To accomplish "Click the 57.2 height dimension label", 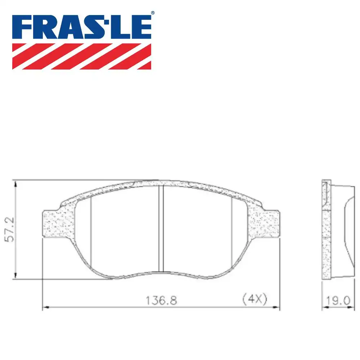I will coord(10,229).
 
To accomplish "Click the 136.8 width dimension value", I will coord(161,300).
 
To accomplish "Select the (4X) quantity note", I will coord(255,299).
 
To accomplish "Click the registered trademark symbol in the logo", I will coord(152,13).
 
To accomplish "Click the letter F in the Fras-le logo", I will coord(22,27).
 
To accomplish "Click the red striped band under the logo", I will coord(82,56).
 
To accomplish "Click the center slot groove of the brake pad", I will coord(161,229).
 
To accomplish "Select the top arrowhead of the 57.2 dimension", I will coord(15,184).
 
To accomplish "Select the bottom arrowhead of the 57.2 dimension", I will coord(15,275).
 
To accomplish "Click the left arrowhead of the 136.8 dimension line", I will coord(46,307).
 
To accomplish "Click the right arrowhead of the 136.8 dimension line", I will coord(276,307).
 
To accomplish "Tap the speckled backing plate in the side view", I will coord(326,245).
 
